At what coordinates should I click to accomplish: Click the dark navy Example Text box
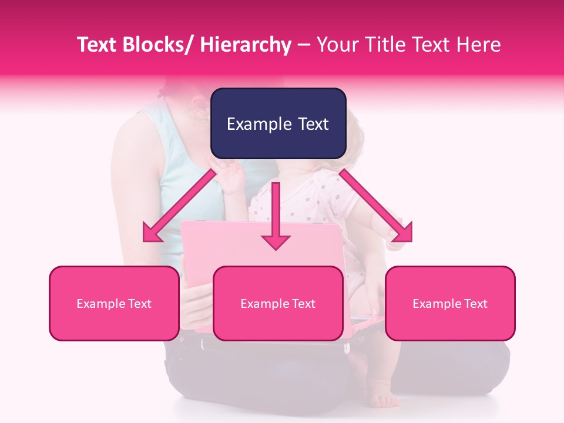coord(278,123)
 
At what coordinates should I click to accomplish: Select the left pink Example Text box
coord(114,303)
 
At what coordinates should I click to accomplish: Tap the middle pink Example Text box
coord(278,303)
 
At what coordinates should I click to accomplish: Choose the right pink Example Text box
coord(450,303)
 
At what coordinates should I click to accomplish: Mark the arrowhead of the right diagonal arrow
coord(404,234)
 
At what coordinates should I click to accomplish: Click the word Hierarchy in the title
coord(245,45)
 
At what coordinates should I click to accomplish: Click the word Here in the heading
coord(479,45)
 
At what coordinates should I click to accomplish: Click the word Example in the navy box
coord(258,124)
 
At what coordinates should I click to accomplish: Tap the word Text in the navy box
coord(312,124)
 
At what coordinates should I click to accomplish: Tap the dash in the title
coord(304,45)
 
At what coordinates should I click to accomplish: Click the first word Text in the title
coord(96,45)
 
